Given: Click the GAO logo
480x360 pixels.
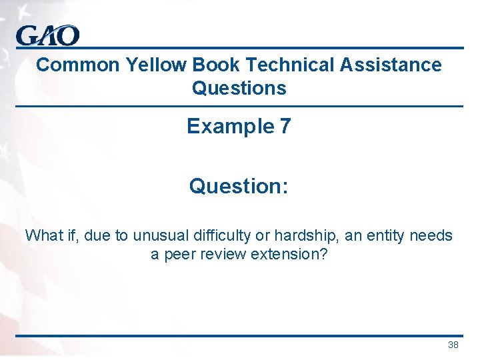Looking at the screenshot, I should pos(48,35).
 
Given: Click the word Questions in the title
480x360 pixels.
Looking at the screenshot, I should pos(239,88).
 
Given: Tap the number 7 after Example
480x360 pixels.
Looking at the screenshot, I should pos(285,126).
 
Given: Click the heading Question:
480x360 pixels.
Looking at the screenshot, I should pos(239,186).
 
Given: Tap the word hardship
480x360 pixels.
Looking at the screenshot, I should pos(293,235).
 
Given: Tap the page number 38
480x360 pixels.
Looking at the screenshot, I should pos(453,345).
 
